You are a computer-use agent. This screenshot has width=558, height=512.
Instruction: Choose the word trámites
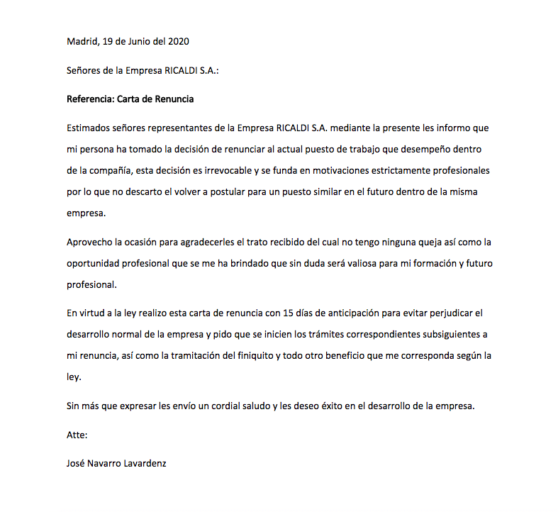point(306,334)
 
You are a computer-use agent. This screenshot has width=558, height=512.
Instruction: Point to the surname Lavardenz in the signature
point(145,464)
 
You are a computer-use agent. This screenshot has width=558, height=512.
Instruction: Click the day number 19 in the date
point(108,41)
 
